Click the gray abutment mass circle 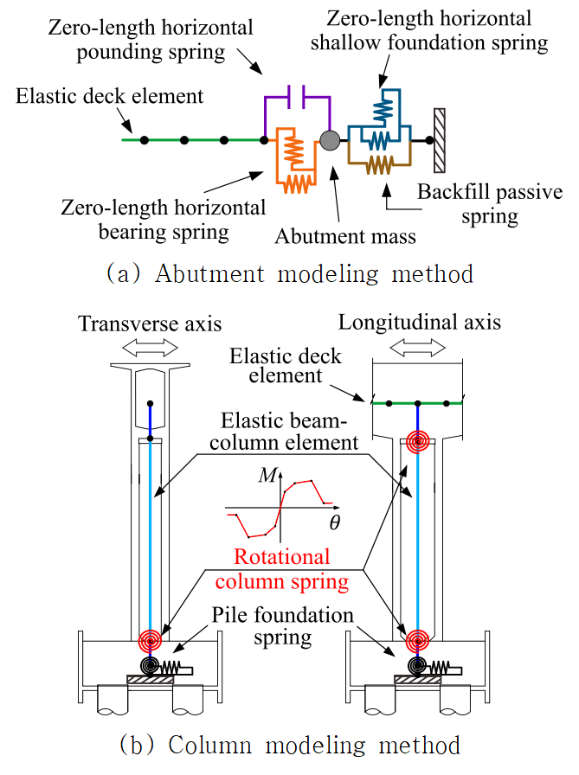point(330,140)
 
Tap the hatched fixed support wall point(440,140)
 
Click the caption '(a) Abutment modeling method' point(289,274)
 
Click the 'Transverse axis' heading point(150,323)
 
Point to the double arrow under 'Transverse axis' point(151,346)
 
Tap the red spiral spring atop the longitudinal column point(417,442)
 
